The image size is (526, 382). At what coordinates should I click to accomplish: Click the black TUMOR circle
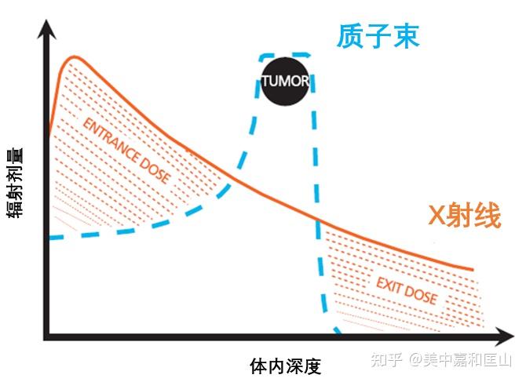point(285,81)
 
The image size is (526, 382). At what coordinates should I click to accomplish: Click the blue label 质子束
point(378,36)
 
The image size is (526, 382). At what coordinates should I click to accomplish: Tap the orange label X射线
point(464,215)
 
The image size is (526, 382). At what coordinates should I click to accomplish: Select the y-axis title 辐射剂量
point(15,184)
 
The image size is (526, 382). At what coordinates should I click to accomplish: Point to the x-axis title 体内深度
point(286,366)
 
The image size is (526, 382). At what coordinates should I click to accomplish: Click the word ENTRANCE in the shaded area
point(111,141)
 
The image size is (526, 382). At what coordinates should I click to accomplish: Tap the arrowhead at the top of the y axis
point(46,28)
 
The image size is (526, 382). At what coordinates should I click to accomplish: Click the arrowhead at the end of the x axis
point(504,337)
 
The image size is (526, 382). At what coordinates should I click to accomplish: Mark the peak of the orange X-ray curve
point(75,56)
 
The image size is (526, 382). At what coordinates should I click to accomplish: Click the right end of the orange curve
point(473,269)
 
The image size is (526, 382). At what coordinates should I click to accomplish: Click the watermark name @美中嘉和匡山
point(460,360)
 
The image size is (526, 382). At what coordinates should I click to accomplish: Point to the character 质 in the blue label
point(350,36)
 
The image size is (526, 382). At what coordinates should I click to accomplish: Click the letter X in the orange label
point(437,216)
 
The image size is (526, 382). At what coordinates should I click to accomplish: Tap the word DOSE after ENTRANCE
point(155,170)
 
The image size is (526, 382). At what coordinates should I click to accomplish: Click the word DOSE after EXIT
point(421,295)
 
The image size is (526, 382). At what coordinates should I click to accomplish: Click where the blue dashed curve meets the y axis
point(49,238)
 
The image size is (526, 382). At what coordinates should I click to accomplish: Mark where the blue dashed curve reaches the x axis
point(339,333)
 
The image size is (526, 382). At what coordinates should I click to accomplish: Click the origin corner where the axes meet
point(46,337)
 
